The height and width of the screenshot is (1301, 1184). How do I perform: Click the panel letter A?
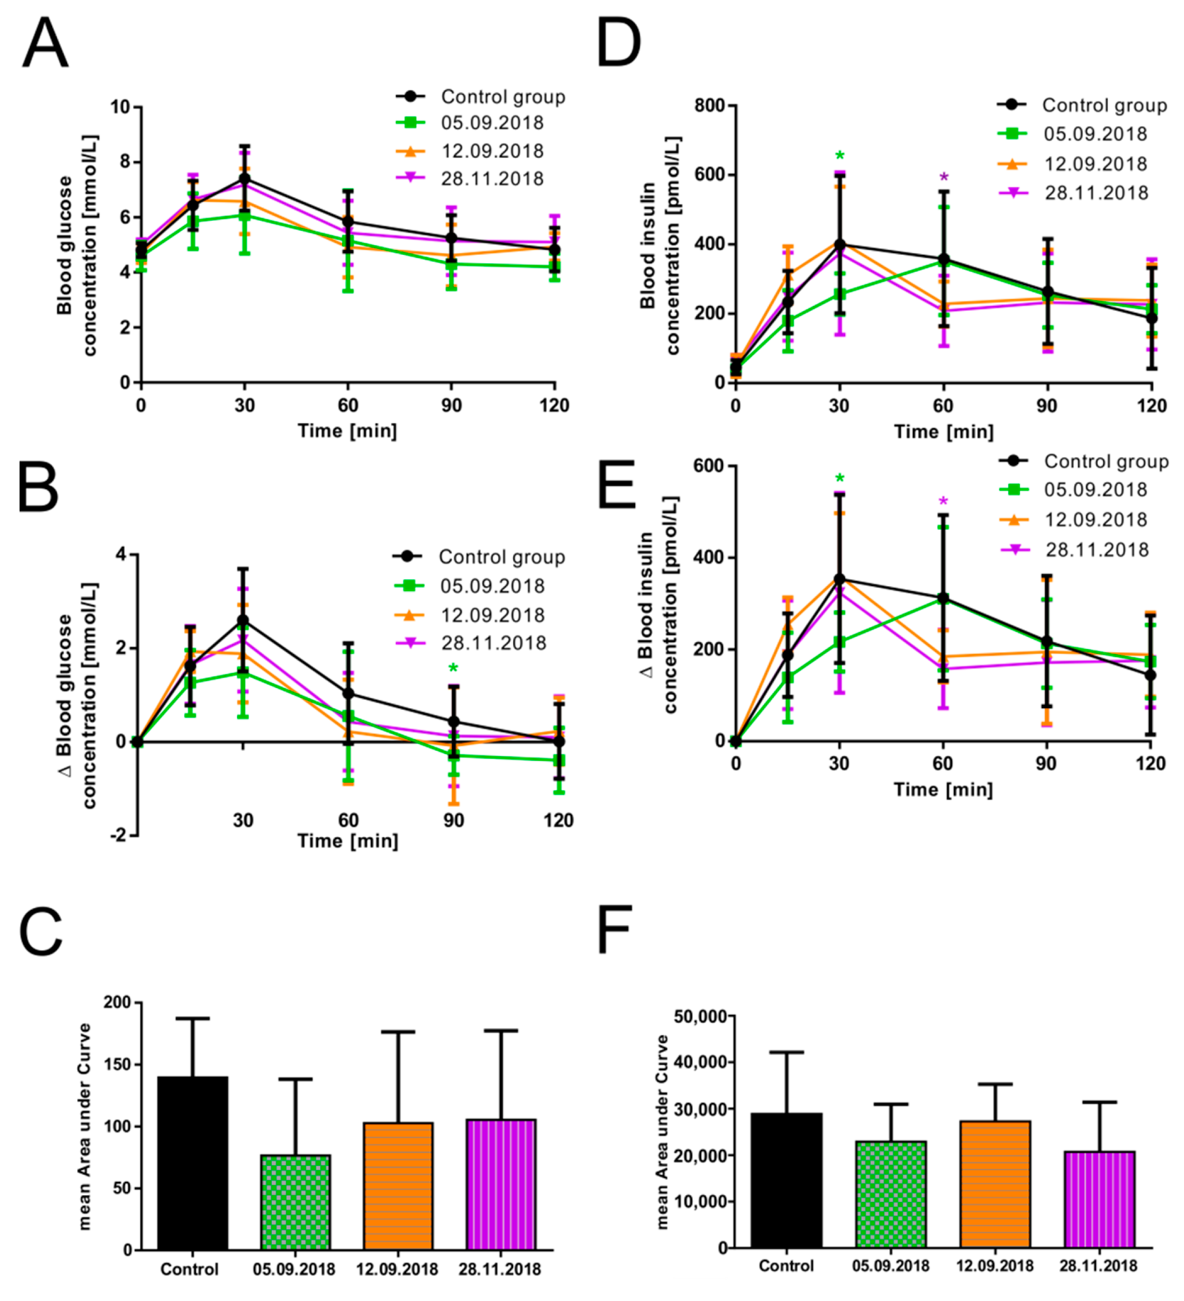point(45,44)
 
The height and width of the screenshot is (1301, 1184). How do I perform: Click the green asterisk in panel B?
point(453,669)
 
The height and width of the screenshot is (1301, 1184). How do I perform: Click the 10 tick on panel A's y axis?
point(120,107)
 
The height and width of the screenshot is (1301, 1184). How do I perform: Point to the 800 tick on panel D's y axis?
point(710,106)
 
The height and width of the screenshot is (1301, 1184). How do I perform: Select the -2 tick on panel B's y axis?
point(118,835)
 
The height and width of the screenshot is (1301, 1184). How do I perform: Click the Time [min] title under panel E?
point(943,789)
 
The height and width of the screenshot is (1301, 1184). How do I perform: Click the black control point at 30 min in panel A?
point(245,179)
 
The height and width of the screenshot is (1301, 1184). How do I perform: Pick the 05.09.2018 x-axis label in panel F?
point(891,1266)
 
